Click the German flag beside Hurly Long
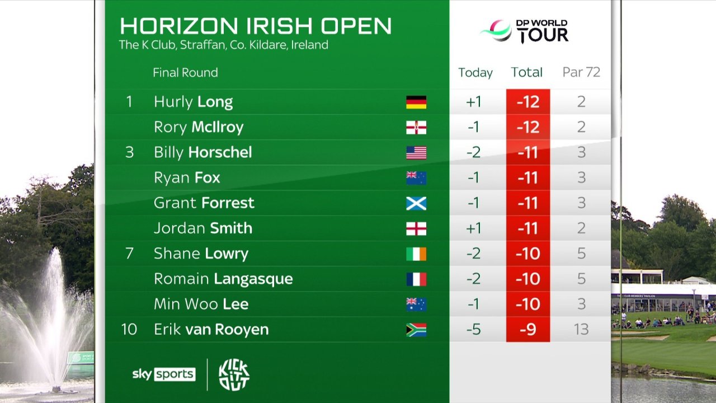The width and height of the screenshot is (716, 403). [416, 102]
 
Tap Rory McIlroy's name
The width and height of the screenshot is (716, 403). [199, 127]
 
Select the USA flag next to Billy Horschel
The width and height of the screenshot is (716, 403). [416, 153]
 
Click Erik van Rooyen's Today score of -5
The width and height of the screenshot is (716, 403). [473, 329]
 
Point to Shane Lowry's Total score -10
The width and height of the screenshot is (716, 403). [527, 254]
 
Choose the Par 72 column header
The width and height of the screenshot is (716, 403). [581, 72]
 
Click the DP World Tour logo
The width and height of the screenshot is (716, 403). [524, 31]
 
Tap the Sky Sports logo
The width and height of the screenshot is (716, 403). [163, 374]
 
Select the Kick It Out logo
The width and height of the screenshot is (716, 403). [234, 374]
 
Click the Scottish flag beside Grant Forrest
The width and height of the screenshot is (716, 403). [416, 203]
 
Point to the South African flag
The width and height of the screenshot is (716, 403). [416, 330]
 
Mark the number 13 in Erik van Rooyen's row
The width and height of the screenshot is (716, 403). [581, 329]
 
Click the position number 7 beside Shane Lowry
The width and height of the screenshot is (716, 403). [129, 253]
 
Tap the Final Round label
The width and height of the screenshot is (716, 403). [185, 72]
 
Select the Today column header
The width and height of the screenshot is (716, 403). [475, 72]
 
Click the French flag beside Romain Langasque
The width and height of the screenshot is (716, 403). [416, 279]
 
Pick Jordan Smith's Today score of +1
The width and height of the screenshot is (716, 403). [473, 228]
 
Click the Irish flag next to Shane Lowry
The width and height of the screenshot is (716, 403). [416, 254]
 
